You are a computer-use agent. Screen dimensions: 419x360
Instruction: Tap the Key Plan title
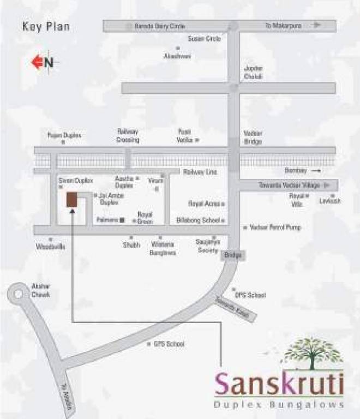point(46,26)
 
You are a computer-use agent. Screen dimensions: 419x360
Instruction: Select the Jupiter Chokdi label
point(254,73)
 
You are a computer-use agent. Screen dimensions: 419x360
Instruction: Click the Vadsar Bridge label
point(253,137)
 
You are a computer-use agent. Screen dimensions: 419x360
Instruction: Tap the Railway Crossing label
point(128,135)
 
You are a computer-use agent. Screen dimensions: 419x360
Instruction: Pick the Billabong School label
point(198,220)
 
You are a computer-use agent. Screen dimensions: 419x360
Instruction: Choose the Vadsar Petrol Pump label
point(275,227)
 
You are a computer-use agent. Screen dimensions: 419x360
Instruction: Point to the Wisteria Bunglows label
point(163,249)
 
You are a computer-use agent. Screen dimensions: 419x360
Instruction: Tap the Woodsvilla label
point(50,247)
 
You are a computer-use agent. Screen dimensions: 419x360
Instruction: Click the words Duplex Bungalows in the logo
point(279,404)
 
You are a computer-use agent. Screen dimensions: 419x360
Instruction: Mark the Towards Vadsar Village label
point(289,185)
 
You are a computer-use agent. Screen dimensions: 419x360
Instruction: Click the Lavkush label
point(331,201)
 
